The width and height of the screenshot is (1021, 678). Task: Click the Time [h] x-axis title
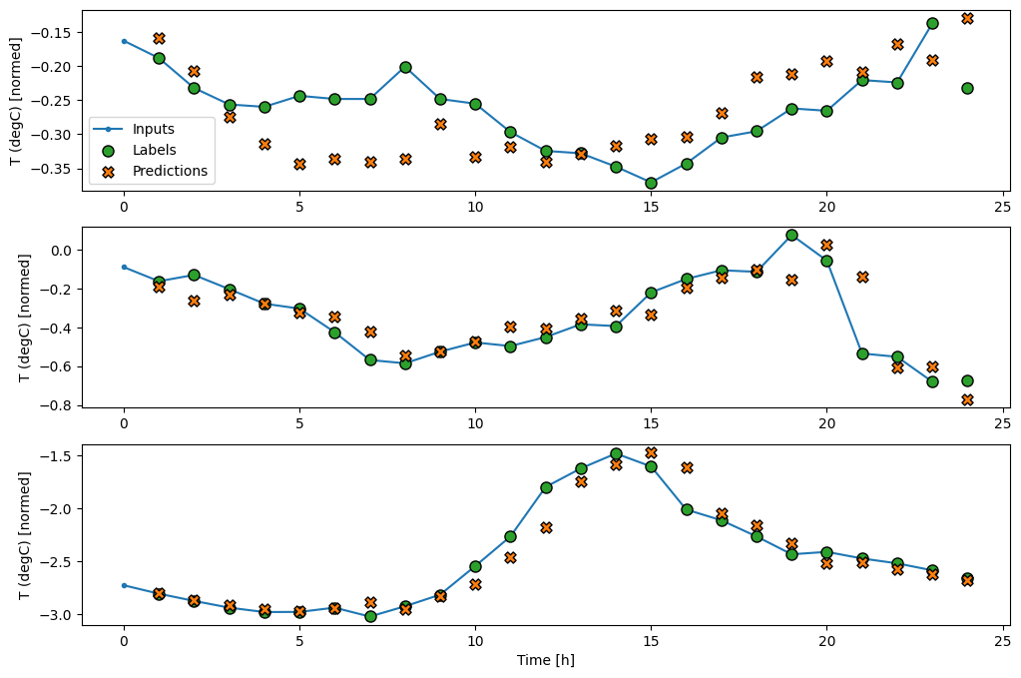[545, 660]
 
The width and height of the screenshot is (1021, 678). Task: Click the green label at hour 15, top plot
[651, 183]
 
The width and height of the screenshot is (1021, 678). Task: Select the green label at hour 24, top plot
[967, 88]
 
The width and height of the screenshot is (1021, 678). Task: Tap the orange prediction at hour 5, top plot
[299, 164]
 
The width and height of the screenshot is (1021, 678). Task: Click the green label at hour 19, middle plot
[791, 235]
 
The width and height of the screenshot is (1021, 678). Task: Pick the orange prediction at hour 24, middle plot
[967, 399]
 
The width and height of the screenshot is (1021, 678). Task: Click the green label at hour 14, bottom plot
[616, 453]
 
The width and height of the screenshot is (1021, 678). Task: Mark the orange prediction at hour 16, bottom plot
[687, 467]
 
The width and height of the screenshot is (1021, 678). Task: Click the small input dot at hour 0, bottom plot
[124, 585]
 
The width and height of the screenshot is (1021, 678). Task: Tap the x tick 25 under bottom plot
[1002, 640]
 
